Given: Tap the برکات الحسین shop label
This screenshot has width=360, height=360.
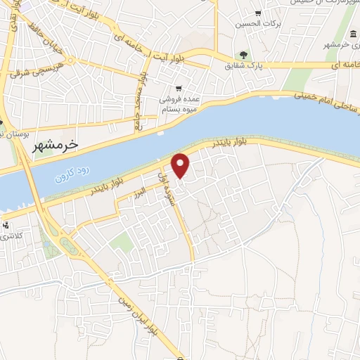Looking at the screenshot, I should pos(259,23).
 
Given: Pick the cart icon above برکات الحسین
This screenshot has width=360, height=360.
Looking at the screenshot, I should pos(259,13).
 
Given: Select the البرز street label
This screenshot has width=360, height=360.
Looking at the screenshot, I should pos(141,191).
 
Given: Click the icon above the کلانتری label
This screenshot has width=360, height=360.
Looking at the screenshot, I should pos(6,226).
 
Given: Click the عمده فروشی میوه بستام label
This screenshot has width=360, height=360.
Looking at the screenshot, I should pos(181,105).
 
